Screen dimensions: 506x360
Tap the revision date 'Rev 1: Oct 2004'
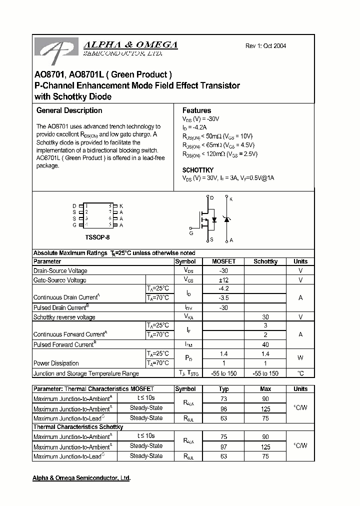point(265,46)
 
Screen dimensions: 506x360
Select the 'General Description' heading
point(69,110)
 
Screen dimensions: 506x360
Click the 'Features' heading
point(196,110)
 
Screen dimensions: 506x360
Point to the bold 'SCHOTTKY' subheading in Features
point(198,170)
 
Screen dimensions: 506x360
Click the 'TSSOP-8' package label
point(97,236)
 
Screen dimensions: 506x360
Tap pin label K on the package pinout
point(121,206)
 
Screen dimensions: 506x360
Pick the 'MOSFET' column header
point(223,261)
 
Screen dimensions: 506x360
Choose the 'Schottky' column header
point(265,261)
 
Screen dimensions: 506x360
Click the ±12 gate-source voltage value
point(223,280)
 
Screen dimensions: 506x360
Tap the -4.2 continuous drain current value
point(223,289)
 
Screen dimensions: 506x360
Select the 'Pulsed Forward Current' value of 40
point(265,344)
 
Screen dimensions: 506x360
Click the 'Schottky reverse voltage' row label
point(64,317)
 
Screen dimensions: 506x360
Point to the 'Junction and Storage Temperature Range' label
point(86,373)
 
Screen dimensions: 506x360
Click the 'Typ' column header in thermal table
point(223,389)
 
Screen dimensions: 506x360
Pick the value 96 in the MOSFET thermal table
point(223,408)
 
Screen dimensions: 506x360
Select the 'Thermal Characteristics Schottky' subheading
point(77,427)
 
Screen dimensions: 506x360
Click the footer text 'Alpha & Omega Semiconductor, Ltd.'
point(81,478)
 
